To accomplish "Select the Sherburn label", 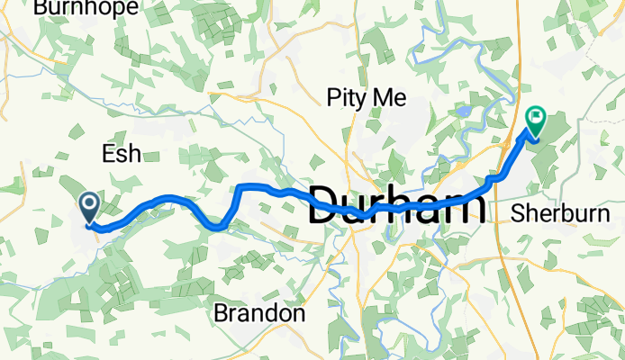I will (566, 214).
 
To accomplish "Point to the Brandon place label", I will (259, 314).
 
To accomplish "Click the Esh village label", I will (122, 154).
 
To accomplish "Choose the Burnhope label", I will (86, 8).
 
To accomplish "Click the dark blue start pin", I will (90, 208).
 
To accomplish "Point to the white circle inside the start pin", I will (90, 202).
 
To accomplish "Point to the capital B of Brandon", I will (222, 314).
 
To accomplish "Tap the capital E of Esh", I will (108, 154).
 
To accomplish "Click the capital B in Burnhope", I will (41, 8).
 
